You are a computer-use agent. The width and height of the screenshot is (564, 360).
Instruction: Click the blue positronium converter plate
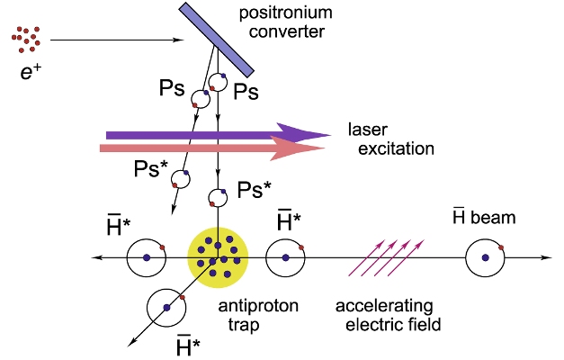coord(217,40)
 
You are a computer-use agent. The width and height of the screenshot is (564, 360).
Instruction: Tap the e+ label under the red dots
coord(31,72)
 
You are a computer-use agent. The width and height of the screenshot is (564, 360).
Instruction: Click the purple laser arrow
coord(219,135)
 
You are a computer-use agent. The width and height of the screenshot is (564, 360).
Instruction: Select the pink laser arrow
coord(212,148)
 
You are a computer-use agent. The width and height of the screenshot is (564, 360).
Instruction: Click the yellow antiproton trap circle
coord(218,257)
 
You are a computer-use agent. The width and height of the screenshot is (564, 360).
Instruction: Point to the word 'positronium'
coord(285,13)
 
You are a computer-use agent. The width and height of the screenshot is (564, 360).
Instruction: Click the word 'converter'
coord(287,31)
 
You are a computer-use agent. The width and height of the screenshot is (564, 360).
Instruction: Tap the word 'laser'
coord(368,129)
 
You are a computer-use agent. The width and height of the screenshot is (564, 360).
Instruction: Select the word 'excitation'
coord(396,148)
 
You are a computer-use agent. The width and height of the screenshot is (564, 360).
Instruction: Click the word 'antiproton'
coord(258,307)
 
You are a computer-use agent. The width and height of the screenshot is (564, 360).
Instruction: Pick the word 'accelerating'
coord(384,307)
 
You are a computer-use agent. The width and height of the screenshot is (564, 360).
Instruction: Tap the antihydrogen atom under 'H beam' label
coord(485,257)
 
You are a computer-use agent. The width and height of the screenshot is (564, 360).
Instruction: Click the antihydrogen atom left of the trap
coord(147,257)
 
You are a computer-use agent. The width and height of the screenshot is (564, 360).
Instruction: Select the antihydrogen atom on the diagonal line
coord(166,307)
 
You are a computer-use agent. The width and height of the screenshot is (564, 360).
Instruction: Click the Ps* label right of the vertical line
coord(255,189)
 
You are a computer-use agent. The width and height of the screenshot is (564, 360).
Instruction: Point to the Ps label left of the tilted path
coord(172,88)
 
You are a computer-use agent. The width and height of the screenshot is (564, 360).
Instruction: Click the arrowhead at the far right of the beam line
coord(547,257)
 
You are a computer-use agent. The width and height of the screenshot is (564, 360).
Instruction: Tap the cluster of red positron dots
coord(26,40)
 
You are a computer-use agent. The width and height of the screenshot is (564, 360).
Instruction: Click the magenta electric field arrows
coord(386,257)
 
